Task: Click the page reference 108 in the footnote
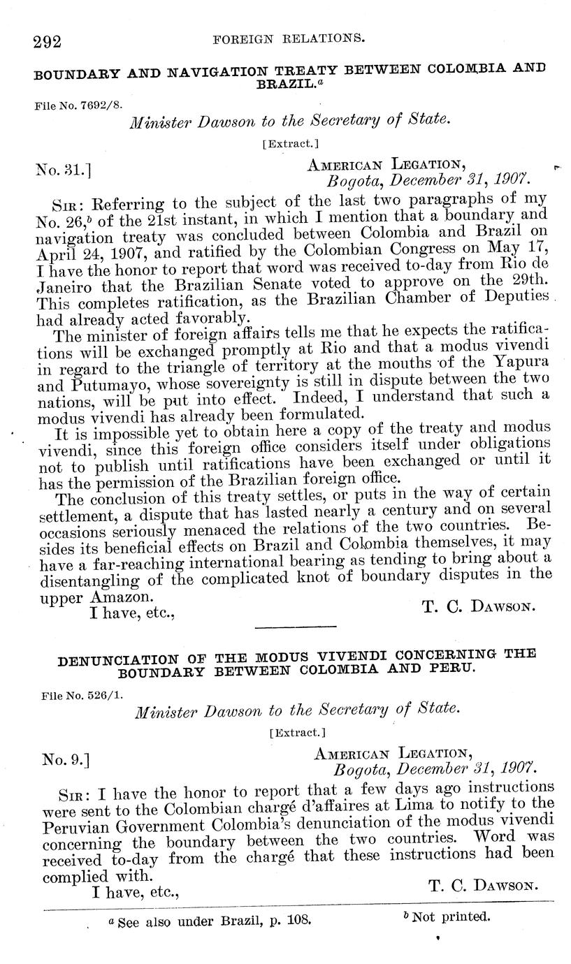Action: tap(298, 921)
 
